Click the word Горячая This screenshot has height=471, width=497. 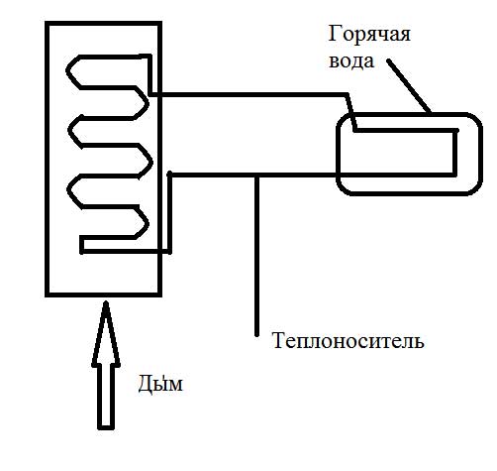(x=369, y=35)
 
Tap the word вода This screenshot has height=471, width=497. (x=351, y=61)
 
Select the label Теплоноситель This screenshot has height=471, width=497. (x=348, y=340)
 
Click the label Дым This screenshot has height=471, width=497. (x=160, y=384)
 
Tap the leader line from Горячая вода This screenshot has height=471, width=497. (x=409, y=86)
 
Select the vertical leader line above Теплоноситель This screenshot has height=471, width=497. (x=257, y=256)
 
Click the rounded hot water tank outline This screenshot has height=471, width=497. (x=409, y=115)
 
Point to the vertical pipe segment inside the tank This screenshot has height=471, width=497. (x=454, y=152)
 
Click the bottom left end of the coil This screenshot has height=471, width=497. (x=82, y=252)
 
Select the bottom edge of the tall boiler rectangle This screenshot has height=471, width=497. (x=103, y=294)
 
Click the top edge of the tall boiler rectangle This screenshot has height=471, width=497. (x=103, y=24)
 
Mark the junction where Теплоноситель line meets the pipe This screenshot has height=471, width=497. (x=257, y=175)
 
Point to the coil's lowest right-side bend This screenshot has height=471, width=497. (x=147, y=223)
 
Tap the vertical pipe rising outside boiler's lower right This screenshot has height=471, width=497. (x=169, y=212)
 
